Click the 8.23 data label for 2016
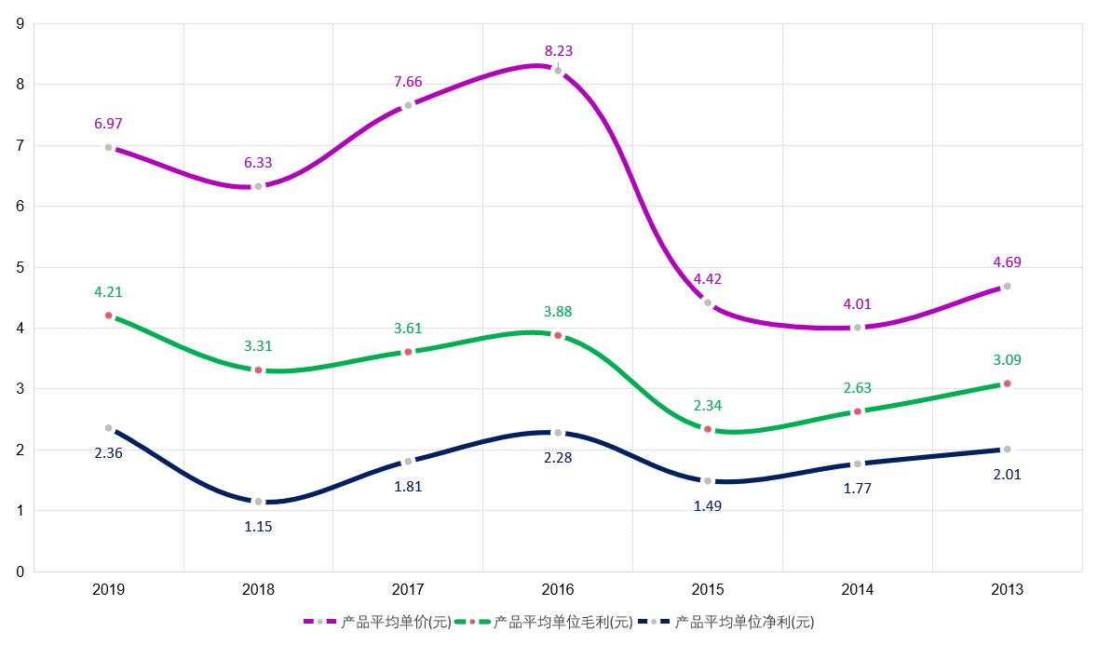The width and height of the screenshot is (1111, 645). point(559,52)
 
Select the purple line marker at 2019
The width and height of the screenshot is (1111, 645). point(109,147)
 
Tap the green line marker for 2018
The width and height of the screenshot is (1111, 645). point(259,370)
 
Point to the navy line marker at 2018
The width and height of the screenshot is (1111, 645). point(259,502)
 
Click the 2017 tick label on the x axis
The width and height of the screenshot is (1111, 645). point(408,590)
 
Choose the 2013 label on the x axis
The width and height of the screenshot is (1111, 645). point(1007,590)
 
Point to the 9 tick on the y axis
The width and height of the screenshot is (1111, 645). point(20,24)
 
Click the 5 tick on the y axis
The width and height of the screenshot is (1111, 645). point(20,267)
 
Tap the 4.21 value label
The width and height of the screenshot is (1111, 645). point(109,292)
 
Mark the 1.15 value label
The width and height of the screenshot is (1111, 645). point(259,527)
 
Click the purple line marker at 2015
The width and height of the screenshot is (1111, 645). point(708,302)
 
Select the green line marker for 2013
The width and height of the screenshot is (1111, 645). point(1007,383)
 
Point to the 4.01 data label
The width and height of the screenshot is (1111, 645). point(858,304)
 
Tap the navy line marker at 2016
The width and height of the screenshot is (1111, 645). point(558,433)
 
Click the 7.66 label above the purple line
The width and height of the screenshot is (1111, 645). point(408,82)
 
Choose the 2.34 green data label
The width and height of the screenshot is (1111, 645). point(708,406)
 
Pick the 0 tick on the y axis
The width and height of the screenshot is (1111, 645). point(20,571)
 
